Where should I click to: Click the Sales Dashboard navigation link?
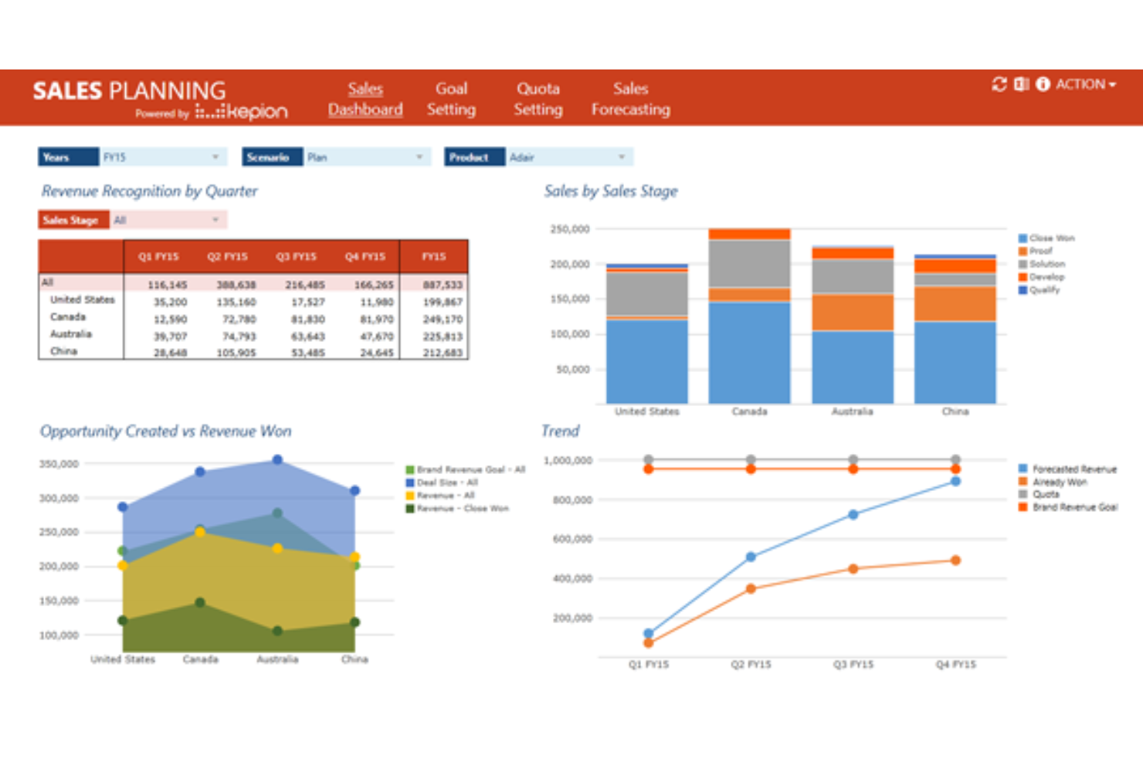[x=365, y=99]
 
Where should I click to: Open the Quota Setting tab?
[x=538, y=99]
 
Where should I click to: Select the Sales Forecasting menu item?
[x=630, y=99]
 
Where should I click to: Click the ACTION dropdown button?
[x=1085, y=84]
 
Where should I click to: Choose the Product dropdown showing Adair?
[x=569, y=157]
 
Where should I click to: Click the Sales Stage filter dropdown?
[x=168, y=220]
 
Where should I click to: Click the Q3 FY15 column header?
[x=296, y=256]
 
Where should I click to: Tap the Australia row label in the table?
[x=71, y=334]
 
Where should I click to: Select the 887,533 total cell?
[x=443, y=285]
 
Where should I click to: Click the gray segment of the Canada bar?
[x=749, y=263]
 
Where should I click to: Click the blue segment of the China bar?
[x=955, y=361]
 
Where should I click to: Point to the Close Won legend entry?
[x=1051, y=238]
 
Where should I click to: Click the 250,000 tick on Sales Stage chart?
[x=570, y=229]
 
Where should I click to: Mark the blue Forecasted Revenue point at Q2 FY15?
[x=751, y=557]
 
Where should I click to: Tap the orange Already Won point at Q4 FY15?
[x=955, y=560]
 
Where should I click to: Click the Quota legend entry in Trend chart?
[x=1046, y=494]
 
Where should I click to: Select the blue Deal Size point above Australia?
[x=277, y=460]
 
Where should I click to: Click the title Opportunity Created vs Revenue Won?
[x=165, y=431]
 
